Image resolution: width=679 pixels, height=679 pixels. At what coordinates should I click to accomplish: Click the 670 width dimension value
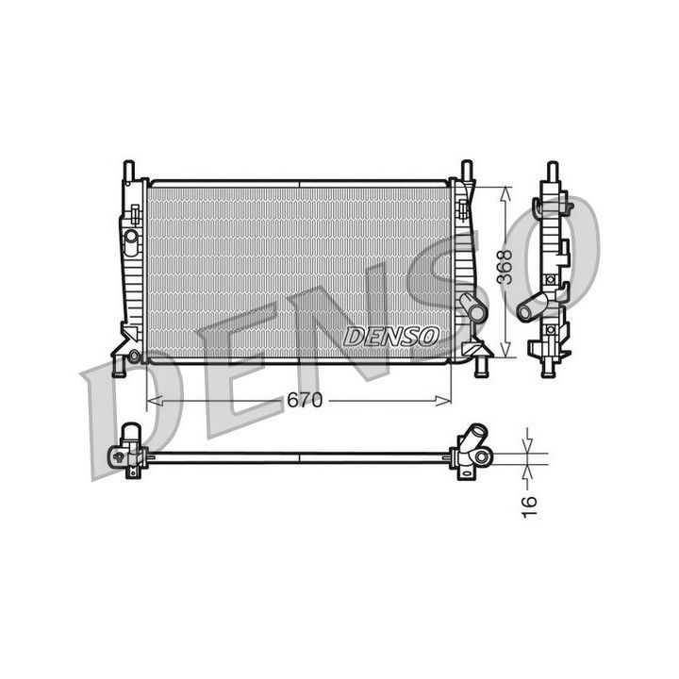click(x=305, y=400)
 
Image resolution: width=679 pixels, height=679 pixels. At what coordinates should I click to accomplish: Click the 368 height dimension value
click(x=505, y=267)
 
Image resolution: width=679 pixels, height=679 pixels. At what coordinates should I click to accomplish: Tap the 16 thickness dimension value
click(x=529, y=506)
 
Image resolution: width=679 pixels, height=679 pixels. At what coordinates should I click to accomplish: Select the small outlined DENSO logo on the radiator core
click(x=391, y=337)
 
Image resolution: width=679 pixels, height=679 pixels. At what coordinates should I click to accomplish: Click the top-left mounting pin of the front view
click(x=129, y=170)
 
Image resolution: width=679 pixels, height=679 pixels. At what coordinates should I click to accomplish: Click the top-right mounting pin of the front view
click(x=467, y=170)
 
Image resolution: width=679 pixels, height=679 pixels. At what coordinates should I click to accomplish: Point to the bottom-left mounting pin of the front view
click(x=119, y=367)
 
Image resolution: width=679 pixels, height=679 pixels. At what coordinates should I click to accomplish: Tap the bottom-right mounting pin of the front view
click(x=480, y=367)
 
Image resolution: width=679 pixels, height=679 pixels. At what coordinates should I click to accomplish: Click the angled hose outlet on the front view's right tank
click(x=472, y=306)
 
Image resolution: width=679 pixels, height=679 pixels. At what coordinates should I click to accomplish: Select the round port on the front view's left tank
click(x=131, y=237)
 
